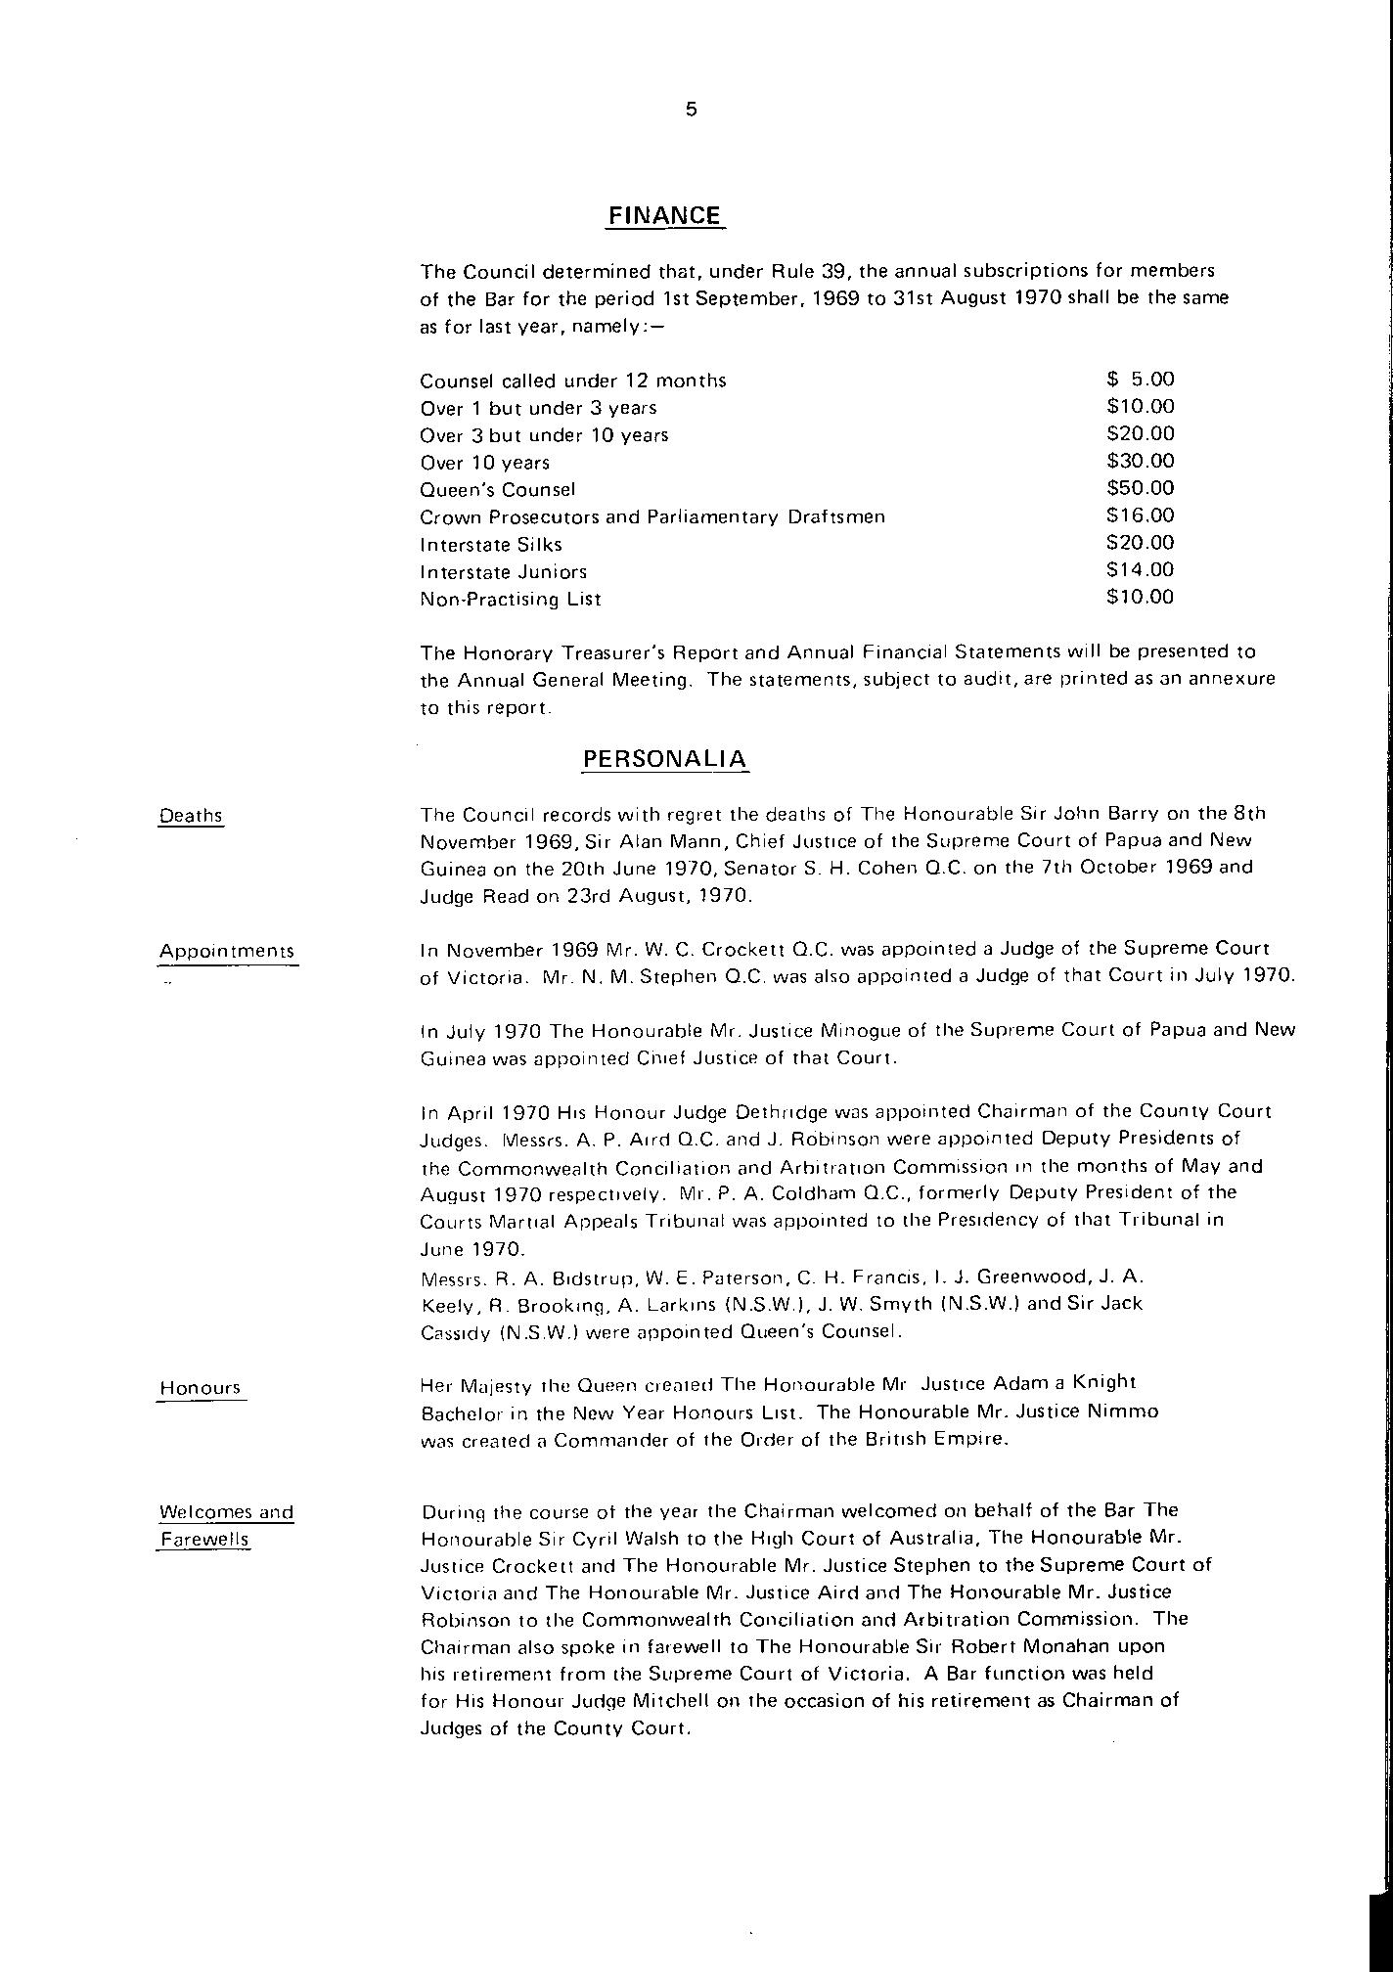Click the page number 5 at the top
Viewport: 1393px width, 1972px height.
point(692,111)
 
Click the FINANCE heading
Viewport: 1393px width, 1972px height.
point(664,215)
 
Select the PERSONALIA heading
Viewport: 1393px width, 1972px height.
point(665,759)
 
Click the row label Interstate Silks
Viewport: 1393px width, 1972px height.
point(491,545)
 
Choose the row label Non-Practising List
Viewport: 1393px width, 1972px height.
point(511,599)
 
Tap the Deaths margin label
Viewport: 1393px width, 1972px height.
point(191,816)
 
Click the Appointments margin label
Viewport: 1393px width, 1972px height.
point(227,951)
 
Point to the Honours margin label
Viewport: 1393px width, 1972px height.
point(200,1388)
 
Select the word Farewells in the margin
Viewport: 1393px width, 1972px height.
point(204,1540)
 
